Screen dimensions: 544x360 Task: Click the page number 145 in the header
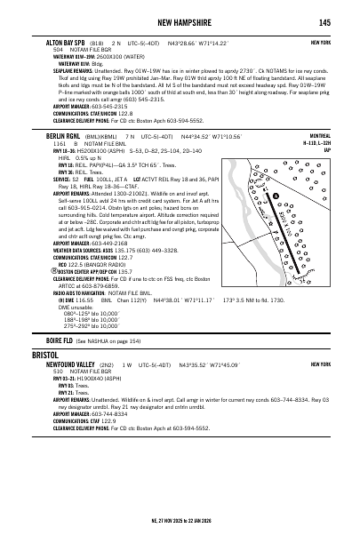point(324,22)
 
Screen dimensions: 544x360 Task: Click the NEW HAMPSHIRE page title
point(180,22)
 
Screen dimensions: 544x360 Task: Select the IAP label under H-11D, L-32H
point(326,150)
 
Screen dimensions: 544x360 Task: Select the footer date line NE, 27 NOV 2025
point(180,535)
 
